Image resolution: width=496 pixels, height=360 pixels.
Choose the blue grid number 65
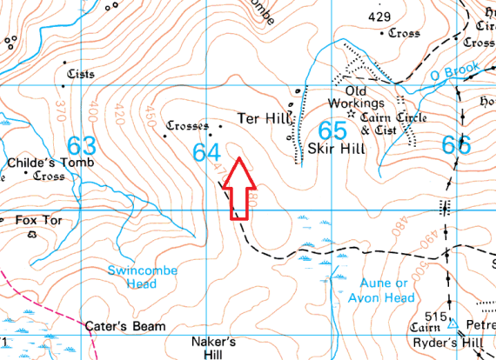tap(332, 131)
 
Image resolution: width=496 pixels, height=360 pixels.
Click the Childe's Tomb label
tap(43, 163)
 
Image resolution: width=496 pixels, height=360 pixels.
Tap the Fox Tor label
tap(38, 221)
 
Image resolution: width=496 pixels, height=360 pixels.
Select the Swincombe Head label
tap(142, 277)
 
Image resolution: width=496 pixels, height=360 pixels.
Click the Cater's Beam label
tap(125, 327)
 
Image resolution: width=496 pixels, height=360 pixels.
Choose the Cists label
tap(79, 75)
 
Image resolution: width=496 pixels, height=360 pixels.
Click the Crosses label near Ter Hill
tap(187, 124)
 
